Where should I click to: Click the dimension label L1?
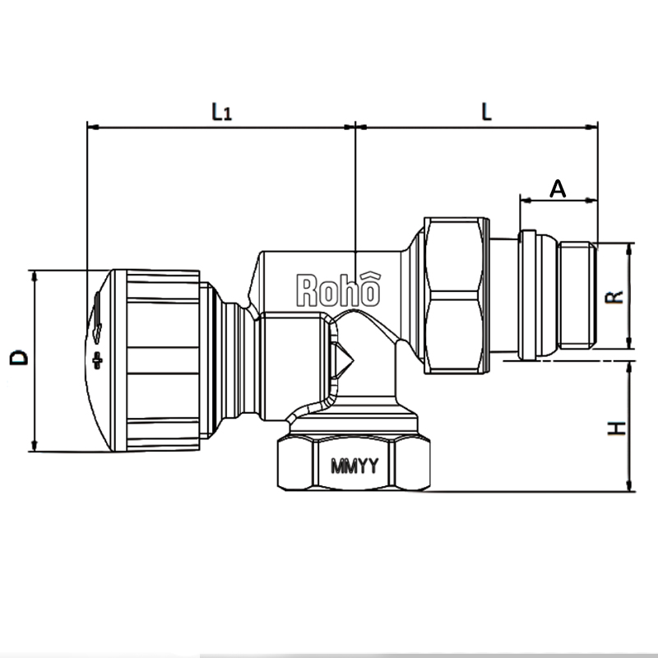point(220,111)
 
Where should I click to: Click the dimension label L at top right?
point(486,111)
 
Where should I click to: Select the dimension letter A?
point(558,188)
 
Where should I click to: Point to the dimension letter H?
point(618,429)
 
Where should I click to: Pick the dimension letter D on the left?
point(18,357)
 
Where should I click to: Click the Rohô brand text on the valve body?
point(338,290)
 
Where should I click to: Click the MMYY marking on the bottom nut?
point(354,466)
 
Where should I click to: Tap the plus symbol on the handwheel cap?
point(99,359)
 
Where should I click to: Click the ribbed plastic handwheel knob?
point(152,359)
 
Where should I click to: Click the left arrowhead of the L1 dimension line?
point(90,127)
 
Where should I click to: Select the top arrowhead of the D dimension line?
point(34,274)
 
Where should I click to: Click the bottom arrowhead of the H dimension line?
point(630,487)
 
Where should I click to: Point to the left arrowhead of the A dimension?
point(524,199)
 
